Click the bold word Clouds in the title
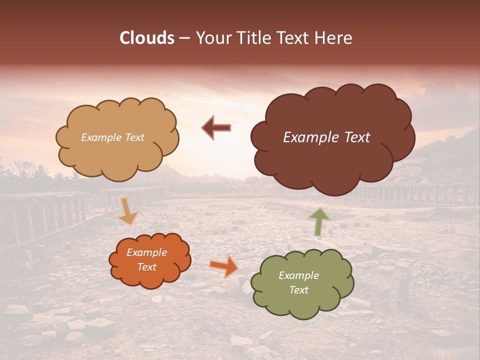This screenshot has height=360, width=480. point(147,38)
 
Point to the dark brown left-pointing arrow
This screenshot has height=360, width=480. point(216,128)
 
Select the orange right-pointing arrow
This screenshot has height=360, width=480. point(223,265)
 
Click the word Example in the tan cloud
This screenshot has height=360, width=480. point(101,137)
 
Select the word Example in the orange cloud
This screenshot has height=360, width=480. point(146,253)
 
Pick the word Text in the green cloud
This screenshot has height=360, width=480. point(298,290)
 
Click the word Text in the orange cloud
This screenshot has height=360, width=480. point(146,267)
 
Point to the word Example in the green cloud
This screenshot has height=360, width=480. point(298,275)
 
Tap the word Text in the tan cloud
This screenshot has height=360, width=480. point(133,137)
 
